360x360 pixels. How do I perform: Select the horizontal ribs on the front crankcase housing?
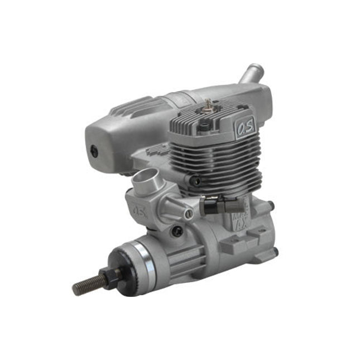pyautogui.click(x=184, y=262)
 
